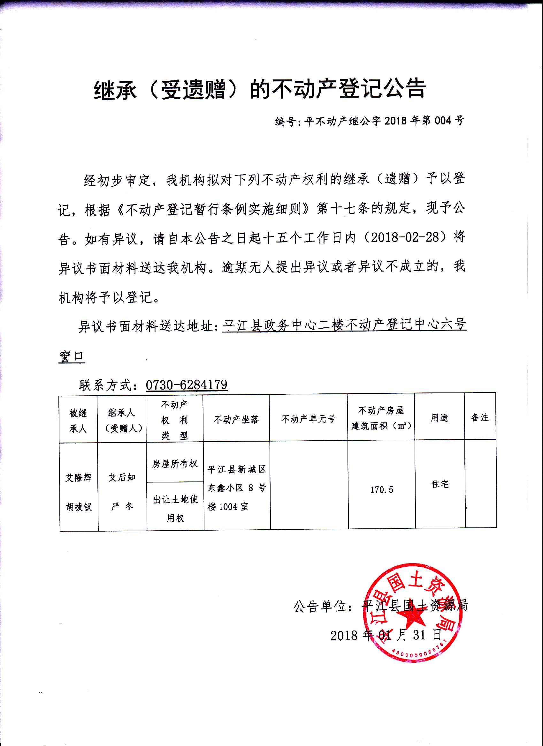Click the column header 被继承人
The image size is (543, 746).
(x=78, y=421)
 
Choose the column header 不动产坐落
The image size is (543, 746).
(x=236, y=419)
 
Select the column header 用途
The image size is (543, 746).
(x=440, y=418)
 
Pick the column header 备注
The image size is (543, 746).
(x=480, y=417)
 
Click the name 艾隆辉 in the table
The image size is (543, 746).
(x=78, y=478)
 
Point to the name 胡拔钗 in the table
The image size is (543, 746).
(x=79, y=507)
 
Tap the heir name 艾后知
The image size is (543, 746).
(x=122, y=477)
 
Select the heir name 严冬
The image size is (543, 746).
(x=122, y=507)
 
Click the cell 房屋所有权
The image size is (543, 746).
(x=175, y=464)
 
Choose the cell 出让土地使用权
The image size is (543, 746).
(x=175, y=509)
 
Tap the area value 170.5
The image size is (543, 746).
(x=382, y=490)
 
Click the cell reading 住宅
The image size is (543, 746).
(x=440, y=484)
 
